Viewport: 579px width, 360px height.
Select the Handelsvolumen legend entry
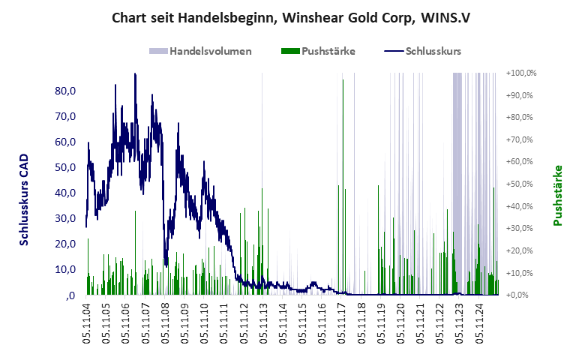pyautogui.click(x=210, y=51)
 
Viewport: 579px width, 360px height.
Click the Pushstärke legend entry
pyautogui.click(x=328, y=51)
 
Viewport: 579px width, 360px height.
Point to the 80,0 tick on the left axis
pyautogui.click(x=67, y=91)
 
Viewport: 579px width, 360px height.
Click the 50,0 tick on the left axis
pyautogui.click(x=67, y=167)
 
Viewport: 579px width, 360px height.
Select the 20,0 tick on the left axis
pyautogui.click(x=67, y=244)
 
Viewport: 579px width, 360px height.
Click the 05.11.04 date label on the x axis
pyautogui.click(x=87, y=323)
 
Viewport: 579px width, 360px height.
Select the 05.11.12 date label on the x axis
pyautogui.click(x=244, y=323)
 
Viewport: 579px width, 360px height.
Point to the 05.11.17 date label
pyautogui.click(x=342, y=323)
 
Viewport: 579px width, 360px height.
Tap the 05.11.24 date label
pyautogui.click(x=480, y=323)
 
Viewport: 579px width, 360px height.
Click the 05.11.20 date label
pyautogui.click(x=401, y=323)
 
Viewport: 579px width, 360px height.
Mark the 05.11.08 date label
pyautogui.click(x=166, y=323)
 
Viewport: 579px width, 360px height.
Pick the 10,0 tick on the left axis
pyautogui.click(x=67, y=269)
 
